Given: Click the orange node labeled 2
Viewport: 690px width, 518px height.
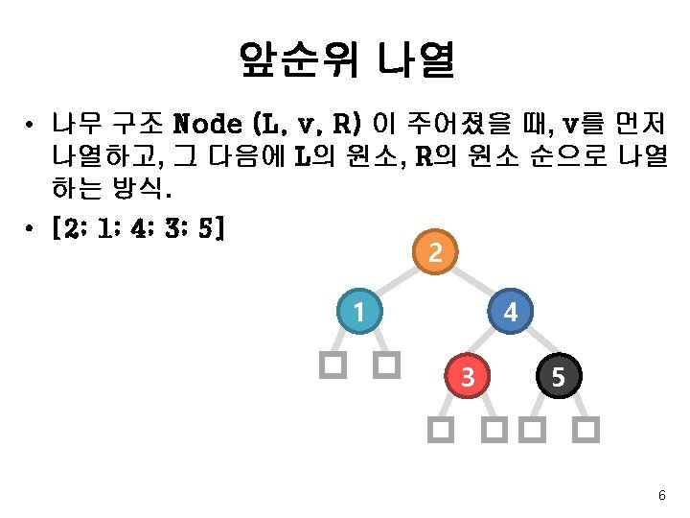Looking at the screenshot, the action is click(x=435, y=253).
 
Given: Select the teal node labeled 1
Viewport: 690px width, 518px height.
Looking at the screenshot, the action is click(x=358, y=313).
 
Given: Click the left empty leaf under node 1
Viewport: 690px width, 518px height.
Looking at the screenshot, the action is click(x=332, y=365).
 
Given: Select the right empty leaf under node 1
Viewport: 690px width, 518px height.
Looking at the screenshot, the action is click(x=386, y=365).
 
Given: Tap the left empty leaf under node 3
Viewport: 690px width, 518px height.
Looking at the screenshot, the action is click(x=440, y=429).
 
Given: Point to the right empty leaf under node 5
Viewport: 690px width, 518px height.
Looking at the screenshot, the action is click(x=587, y=429).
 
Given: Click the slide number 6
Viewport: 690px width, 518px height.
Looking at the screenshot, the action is click(x=661, y=495).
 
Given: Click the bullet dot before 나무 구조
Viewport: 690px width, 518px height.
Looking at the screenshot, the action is click(x=32, y=125).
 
